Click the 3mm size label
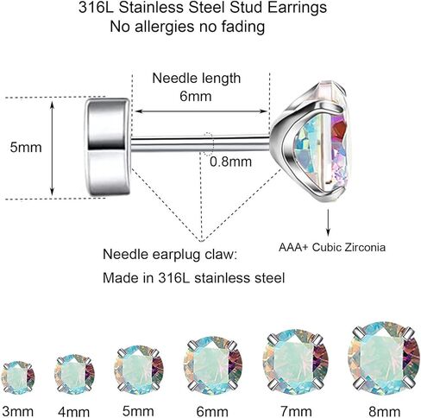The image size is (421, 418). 17,411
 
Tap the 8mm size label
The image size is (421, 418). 384,411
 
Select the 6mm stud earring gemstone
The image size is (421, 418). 213,365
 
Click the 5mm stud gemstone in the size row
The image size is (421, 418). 139,370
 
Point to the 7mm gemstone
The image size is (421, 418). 296,362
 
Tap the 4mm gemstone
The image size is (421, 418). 74,374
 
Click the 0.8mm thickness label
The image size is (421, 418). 230,161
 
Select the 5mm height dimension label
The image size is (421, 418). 26,147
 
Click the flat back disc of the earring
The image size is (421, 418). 108,147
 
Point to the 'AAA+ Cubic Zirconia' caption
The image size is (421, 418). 332,247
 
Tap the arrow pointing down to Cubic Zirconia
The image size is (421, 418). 328,223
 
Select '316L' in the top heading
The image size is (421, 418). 96,7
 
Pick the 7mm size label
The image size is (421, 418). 296,411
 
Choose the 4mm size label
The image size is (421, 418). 73,412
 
